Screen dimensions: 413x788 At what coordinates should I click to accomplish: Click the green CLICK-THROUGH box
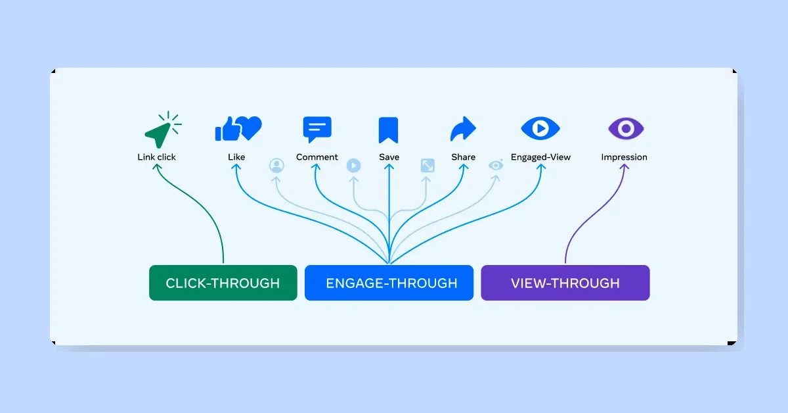pos(223,283)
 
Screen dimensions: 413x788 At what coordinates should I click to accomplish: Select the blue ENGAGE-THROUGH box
pos(389,283)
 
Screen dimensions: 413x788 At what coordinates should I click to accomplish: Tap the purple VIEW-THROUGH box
pos(565,283)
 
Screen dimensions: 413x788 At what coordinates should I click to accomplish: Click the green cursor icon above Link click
pos(159,132)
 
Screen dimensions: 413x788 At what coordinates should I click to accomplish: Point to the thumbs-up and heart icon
pos(238,128)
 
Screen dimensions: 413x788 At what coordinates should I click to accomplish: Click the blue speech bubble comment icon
pos(317,130)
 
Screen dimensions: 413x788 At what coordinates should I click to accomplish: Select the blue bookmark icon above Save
pos(388,130)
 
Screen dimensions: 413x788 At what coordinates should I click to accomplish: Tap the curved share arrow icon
pos(463,130)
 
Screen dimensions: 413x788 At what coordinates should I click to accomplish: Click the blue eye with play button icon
pos(540,128)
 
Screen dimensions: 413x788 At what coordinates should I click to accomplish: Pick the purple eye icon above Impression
pos(625,128)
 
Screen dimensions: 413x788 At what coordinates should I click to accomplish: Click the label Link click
pos(156,157)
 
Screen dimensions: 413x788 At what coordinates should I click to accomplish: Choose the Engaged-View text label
pos(540,157)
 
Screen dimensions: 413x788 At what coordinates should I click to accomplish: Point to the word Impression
pos(624,157)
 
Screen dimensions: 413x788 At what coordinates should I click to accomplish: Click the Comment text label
pos(317,157)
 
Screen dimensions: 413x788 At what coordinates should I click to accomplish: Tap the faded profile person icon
pos(276,166)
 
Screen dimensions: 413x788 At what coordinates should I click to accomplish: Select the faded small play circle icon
pos(353,166)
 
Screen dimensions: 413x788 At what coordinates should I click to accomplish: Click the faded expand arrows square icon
pos(427,166)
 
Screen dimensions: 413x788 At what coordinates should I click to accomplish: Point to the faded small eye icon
pos(496,165)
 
